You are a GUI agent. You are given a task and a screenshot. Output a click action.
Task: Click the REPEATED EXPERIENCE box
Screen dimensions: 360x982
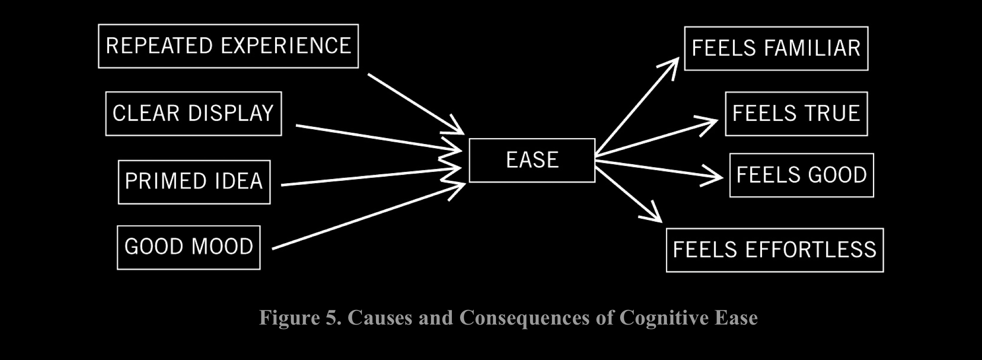(228, 46)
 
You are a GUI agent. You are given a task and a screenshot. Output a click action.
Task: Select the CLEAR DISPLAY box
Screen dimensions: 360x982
(193, 114)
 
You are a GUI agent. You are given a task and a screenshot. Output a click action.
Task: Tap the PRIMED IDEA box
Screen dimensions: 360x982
(194, 182)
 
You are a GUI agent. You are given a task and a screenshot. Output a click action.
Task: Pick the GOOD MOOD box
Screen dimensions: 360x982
(189, 247)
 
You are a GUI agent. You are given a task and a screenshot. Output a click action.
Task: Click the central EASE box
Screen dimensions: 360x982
(532, 160)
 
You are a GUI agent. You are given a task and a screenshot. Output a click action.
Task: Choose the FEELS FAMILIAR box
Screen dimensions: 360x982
(776, 49)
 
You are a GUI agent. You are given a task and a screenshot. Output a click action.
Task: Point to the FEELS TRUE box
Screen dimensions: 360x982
(796, 114)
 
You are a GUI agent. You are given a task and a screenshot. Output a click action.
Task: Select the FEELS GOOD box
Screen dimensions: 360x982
(802, 175)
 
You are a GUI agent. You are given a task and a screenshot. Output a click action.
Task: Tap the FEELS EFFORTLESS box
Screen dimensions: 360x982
(775, 250)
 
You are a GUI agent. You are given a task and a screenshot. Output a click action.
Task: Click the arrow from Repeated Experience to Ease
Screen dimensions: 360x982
(414, 102)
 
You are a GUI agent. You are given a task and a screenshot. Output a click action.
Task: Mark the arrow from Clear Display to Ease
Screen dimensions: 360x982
(377, 138)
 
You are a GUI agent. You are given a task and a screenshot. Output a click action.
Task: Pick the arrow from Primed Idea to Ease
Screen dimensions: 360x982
(368, 177)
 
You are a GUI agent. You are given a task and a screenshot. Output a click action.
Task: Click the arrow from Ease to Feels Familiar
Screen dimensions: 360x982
(636, 107)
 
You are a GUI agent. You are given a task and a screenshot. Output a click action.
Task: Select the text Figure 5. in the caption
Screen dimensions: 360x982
(300, 318)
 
